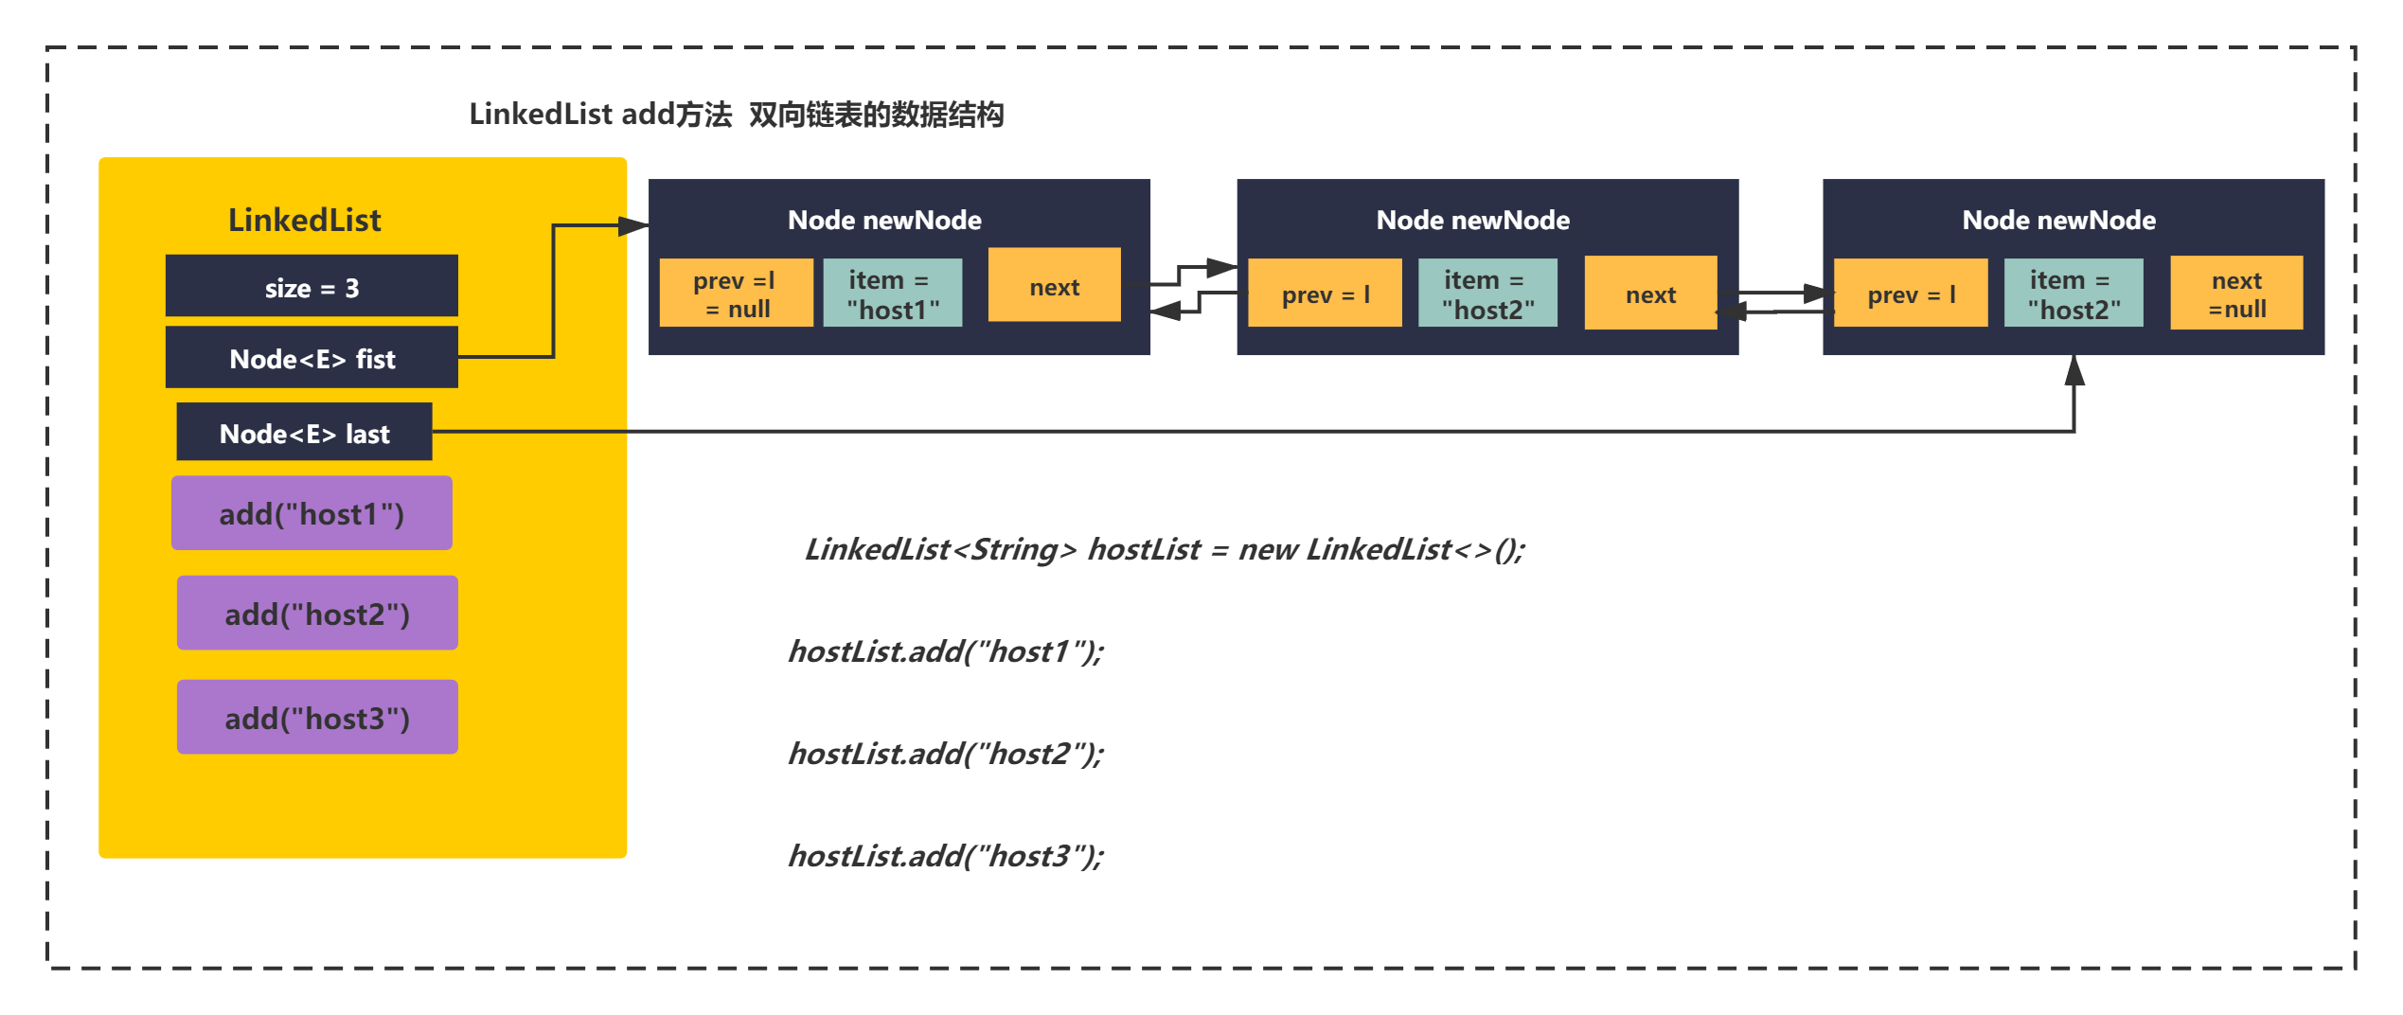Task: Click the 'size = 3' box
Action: [x=311, y=285]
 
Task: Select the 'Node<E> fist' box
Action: [x=311, y=357]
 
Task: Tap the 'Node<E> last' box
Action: [x=304, y=432]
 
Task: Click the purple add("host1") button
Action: [x=311, y=513]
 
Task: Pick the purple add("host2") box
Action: [x=317, y=613]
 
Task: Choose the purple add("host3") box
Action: [x=317, y=717]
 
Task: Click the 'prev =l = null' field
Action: [x=736, y=294]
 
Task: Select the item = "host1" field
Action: [x=893, y=294]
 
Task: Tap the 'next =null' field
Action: [x=2236, y=294]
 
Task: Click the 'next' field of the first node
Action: [x=1055, y=285]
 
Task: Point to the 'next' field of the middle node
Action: [x=1651, y=294]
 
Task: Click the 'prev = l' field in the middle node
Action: [x=1325, y=294]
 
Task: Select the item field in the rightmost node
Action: [x=2074, y=294]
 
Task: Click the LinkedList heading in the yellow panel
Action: [x=305, y=220]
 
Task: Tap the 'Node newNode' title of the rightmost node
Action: [x=2059, y=220]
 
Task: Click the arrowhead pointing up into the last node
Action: [x=2074, y=370]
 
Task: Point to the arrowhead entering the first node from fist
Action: [x=633, y=226]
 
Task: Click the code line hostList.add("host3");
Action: [x=946, y=856]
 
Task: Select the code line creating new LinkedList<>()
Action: [x=1165, y=549]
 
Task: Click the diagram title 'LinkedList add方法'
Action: [x=600, y=115]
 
